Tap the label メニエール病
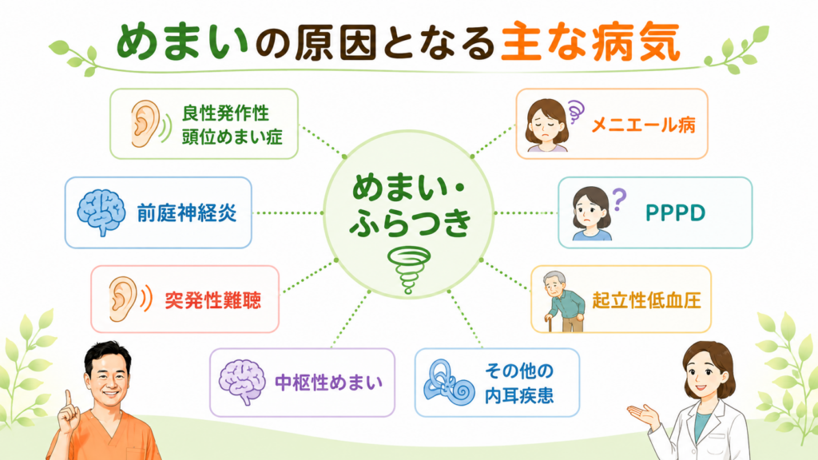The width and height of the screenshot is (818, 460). (643, 125)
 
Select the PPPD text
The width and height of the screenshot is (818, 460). (675, 212)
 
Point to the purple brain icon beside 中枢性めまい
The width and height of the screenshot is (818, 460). (242, 382)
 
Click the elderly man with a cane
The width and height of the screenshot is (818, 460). (563, 301)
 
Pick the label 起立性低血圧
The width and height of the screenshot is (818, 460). (645, 301)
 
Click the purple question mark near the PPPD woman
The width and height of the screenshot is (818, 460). (619, 199)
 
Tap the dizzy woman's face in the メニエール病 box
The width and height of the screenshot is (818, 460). (546, 125)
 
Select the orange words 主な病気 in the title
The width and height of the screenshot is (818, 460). (590, 42)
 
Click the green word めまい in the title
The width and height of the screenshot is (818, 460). (181, 41)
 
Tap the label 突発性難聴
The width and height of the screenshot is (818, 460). (212, 300)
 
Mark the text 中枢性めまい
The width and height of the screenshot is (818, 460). (328, 383)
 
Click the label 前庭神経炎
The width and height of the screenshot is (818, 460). (187, 212)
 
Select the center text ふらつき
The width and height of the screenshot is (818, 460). (410, 222)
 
